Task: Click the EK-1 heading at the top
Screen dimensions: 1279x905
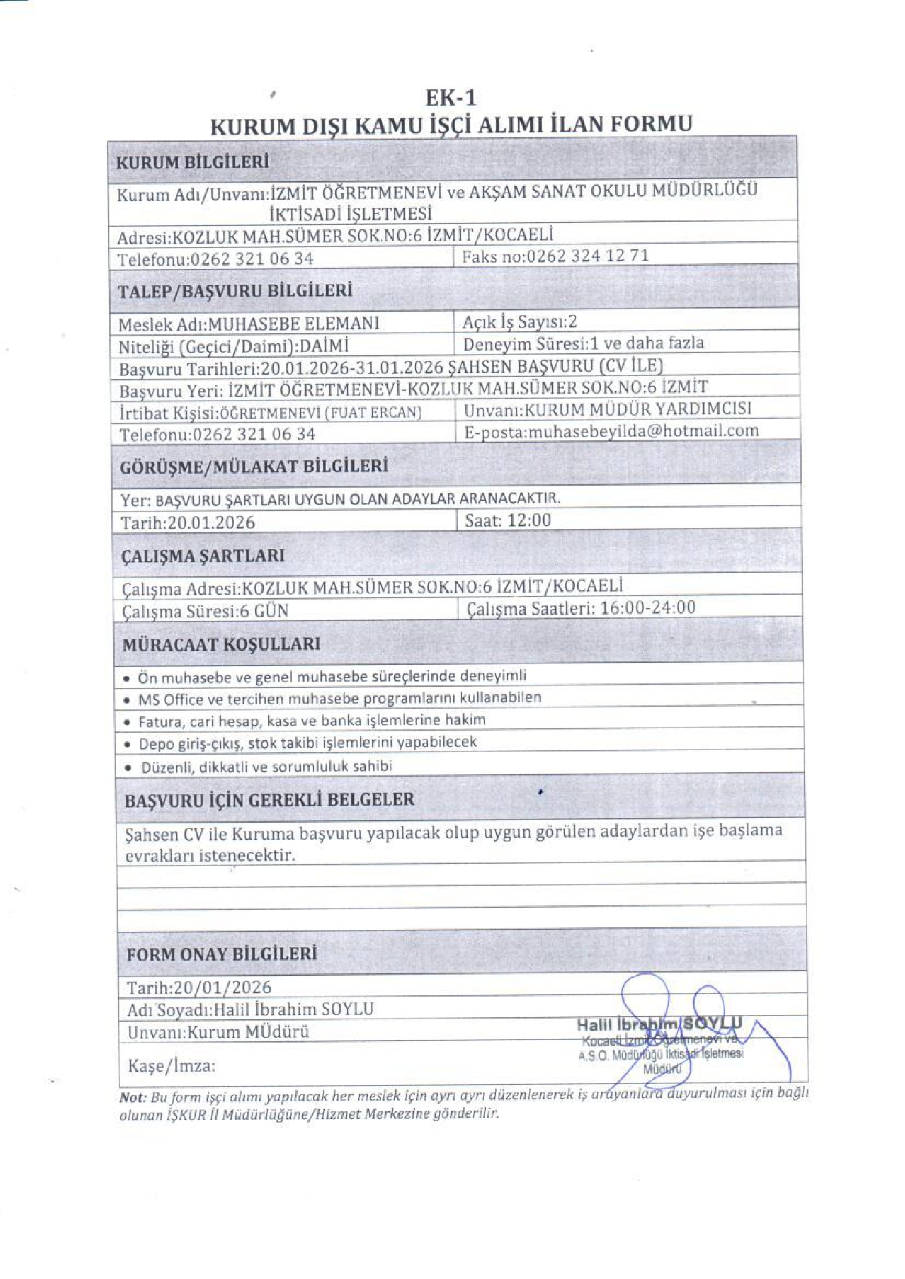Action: (451, 98)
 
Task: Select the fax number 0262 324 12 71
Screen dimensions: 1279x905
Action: (587, 256)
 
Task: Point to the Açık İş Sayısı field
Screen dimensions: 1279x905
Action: (520, 322)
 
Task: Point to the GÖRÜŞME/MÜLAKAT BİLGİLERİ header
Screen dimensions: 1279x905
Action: (253, 466)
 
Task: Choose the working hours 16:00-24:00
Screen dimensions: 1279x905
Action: (648, 608)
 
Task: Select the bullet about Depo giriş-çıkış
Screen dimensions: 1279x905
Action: (307, 743)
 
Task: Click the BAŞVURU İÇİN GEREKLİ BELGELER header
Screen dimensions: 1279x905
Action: (269, 799)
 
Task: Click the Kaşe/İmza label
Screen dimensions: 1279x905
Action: (171, 1066)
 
